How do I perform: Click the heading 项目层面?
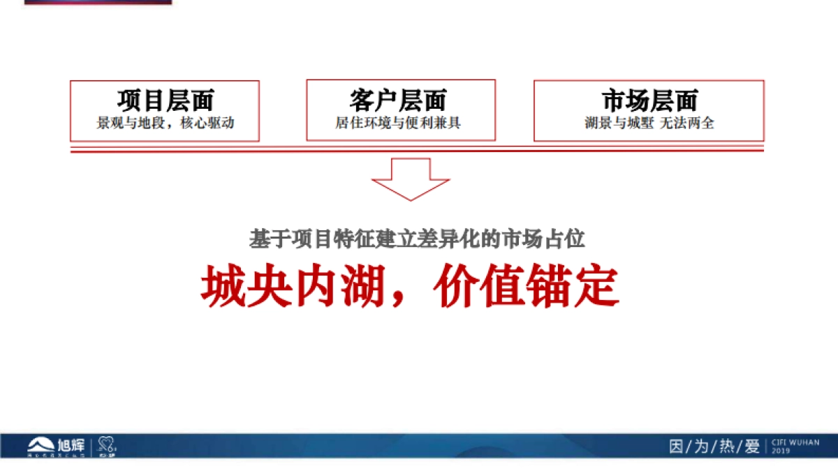tap(165, 101)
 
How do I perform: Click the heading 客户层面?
tap(398, 101)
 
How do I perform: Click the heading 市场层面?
tap(649, 101)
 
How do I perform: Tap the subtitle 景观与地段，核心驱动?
tap(165, 124)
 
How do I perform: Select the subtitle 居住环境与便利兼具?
tap(398, 124)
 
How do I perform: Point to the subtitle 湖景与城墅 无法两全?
tap(649, 124)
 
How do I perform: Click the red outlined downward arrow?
tap(410, 179)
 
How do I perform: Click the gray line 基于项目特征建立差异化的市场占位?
tap(417, 239)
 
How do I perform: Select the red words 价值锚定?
tap(526, 287)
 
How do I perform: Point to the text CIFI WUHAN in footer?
tap(795, 442)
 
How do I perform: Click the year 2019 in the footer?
tap(780, 451)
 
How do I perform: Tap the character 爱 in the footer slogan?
tap(751, 447)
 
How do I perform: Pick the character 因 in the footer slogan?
tap(676, 447)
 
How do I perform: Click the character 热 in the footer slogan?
tap(726, 447)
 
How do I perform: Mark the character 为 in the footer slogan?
tap(701, 447)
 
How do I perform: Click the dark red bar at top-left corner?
tap(98, 2)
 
